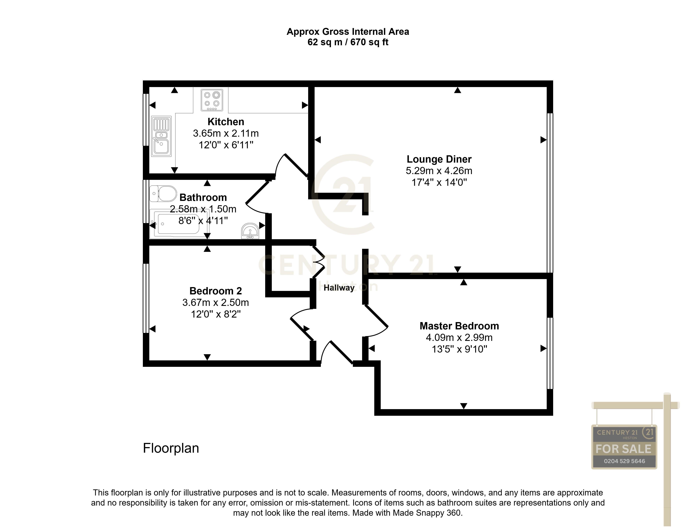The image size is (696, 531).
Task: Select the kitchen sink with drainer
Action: point(161,136)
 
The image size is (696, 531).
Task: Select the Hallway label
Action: point(339,288)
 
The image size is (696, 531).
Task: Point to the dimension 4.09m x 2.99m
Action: point(459,338)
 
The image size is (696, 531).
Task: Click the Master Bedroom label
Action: point(459,326)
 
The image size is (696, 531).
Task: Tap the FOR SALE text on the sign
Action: point(623,449)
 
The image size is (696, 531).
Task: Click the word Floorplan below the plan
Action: point(171,448)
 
